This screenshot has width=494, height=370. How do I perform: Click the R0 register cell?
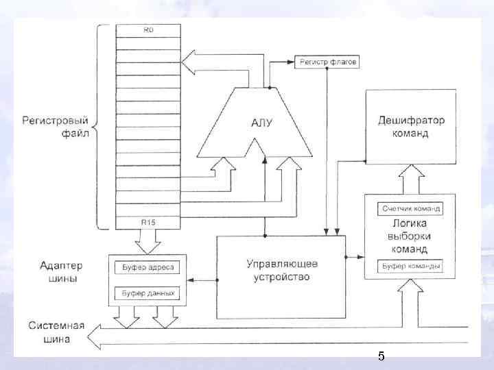click(x=148, y=29)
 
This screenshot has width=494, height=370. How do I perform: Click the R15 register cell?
click(x=148, y=222)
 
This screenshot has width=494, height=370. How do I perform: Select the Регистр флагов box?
click(x=327, y=62)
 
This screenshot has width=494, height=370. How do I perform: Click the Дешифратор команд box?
click(x=410, y=127)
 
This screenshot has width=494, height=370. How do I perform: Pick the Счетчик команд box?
click(x=410, y=208)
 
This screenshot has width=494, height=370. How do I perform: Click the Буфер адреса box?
click(x=148, y=267)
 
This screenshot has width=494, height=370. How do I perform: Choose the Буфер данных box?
click(x=148, y=293)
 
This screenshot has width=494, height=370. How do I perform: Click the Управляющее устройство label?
click(x=281, y=271)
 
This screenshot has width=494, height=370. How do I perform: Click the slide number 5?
click(x=381, y=356)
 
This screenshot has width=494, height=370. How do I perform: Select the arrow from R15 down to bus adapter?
click(x=148, y=242)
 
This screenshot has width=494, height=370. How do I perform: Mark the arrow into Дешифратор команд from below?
click(x=410, y=180)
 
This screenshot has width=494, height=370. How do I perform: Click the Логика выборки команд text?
click(x=410, y=236)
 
